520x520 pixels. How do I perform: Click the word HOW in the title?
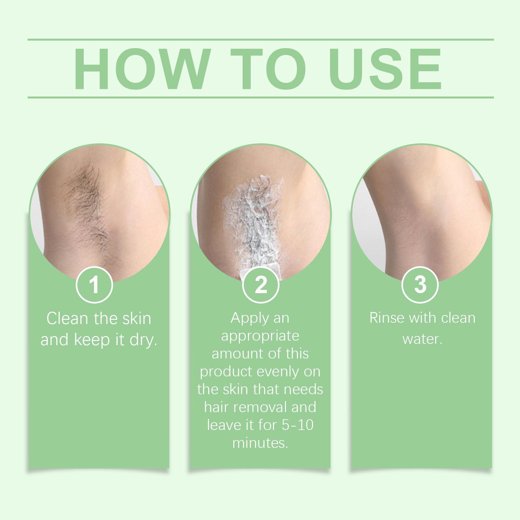(x=141, y=69)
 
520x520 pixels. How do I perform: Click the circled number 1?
(x=94, y=284)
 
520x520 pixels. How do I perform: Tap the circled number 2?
(x=261, y=284)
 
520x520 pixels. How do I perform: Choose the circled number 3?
(x=420, y=284)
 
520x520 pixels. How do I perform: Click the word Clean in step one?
(x=68, y=318)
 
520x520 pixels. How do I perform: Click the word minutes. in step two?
(x=260, y=443)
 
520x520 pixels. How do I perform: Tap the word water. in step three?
(x=422, y=339)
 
